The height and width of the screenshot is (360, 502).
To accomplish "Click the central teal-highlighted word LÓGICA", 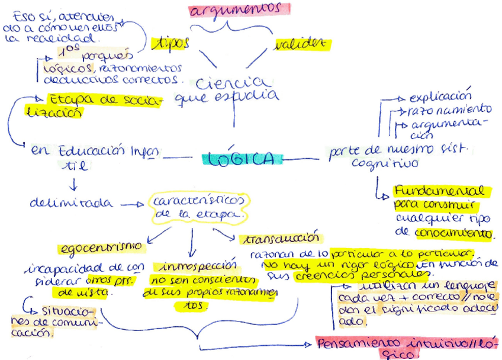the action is click(239, 159).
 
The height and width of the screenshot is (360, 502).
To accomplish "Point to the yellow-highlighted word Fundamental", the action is click(442, 191).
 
